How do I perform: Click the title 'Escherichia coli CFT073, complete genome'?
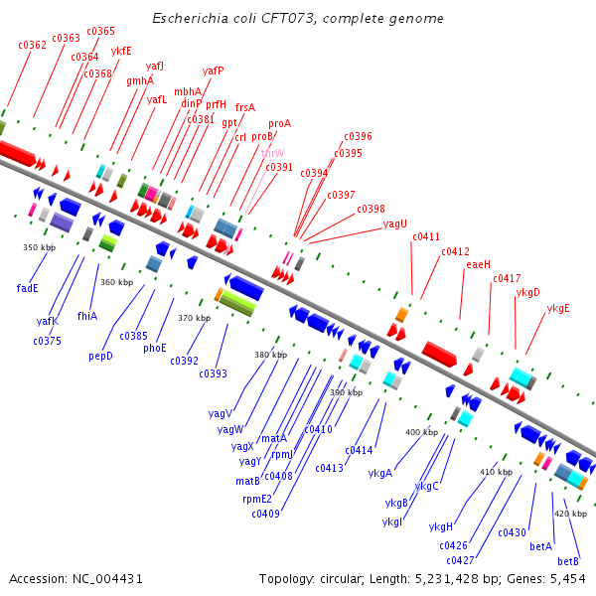298,19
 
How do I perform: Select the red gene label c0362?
33,45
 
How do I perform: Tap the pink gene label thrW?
272,153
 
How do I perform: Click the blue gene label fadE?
28,288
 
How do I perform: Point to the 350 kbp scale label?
39,247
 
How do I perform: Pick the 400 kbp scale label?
421,432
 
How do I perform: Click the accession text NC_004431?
76,578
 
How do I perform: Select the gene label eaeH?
479,264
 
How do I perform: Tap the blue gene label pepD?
101,355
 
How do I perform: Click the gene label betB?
568,561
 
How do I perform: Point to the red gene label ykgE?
558,308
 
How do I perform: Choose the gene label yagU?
395,223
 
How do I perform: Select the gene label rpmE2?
257,499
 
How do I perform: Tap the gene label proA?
280,124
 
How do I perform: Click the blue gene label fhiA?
86,316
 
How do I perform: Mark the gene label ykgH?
441,526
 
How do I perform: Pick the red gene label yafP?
214,71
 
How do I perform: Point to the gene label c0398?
371,209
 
